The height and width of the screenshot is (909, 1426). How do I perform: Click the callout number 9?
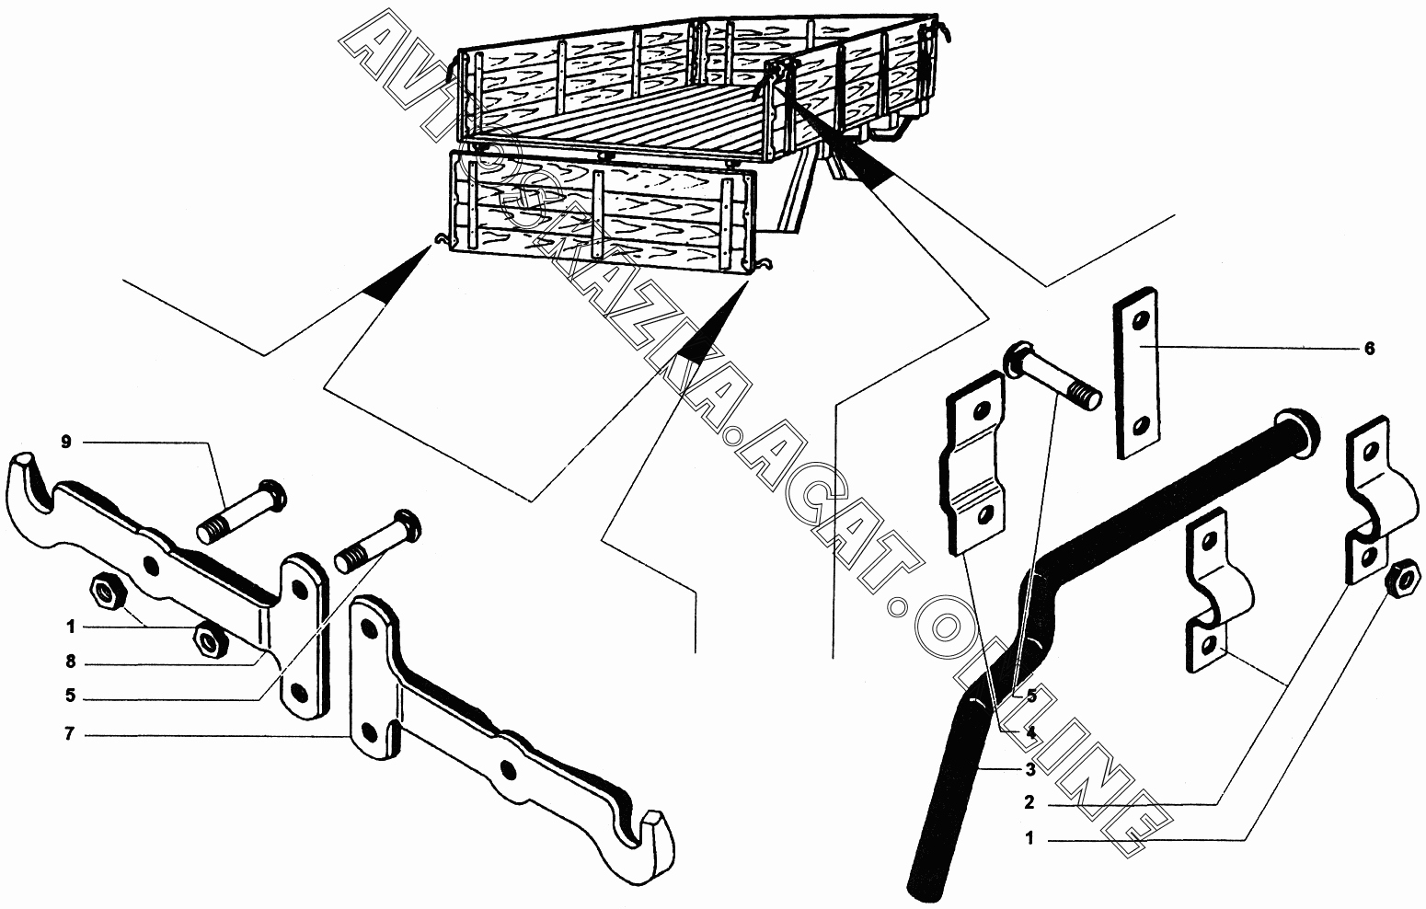click(65, 443)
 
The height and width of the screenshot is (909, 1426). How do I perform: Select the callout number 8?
click(70, 662)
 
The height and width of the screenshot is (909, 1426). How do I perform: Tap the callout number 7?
click(70, 736)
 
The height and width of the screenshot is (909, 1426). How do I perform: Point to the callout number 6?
click(1368, 349)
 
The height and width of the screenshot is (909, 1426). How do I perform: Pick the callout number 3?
click(1030, 769)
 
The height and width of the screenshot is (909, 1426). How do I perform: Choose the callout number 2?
click(1029, 803)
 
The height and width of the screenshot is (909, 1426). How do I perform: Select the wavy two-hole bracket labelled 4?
click(972, 462)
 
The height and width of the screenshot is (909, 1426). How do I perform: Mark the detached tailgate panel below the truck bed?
click(603, 213)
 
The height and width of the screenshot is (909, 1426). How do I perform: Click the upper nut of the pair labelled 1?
click(108, 593)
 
